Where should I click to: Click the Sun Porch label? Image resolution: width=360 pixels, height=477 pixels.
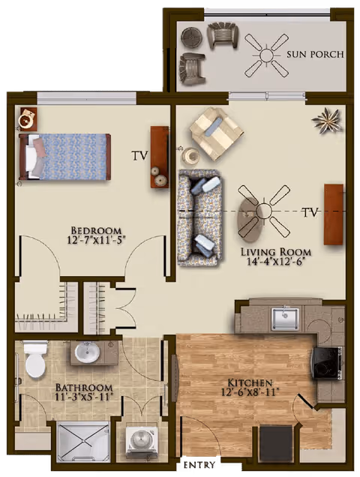click(315, 55)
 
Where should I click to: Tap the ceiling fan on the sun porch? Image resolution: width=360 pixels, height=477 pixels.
click(266, 54)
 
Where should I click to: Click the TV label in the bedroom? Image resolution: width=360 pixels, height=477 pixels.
click(139, 156)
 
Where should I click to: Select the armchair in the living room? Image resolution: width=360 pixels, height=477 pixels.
click(216, 133)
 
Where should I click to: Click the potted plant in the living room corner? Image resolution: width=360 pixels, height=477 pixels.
click(327, 120)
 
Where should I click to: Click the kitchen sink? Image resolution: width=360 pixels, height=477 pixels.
click(285, 318)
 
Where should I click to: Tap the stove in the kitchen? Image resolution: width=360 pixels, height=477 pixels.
click(328, 363)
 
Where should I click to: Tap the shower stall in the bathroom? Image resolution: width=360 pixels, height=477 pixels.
click(83, 441)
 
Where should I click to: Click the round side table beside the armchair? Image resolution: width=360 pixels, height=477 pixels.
click(190, 156)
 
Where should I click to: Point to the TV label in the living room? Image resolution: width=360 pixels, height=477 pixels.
click(310, 212)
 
